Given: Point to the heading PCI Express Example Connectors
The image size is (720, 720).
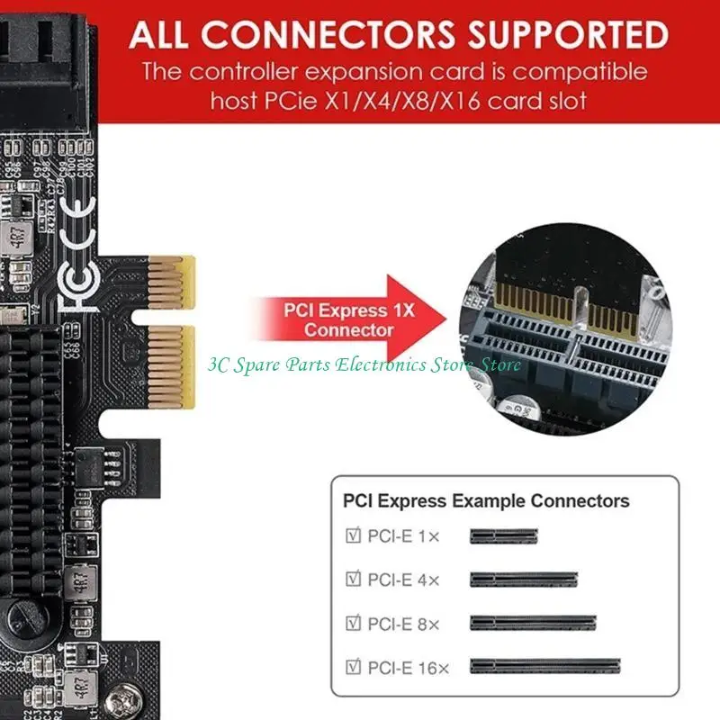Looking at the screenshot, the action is (x=486, y=501).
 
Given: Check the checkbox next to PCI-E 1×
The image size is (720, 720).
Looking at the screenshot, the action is (x=354, y=536).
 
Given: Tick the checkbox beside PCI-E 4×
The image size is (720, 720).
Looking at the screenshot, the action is (x=354, y=579).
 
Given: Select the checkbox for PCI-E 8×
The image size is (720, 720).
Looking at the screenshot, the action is (x=354, y=622).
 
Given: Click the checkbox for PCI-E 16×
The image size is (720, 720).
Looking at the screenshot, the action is (x=354, y=667).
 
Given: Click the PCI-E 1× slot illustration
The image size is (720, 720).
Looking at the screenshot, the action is (x=503, y=536).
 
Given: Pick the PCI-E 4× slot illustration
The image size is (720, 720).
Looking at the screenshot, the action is (x=523, y=580).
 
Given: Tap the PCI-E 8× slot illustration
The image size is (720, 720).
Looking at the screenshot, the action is (x=533, y=623).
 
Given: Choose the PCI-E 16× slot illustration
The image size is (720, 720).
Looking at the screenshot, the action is (x=544, y=667).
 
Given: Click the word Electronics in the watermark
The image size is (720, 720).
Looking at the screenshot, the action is (x=379, y=364).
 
